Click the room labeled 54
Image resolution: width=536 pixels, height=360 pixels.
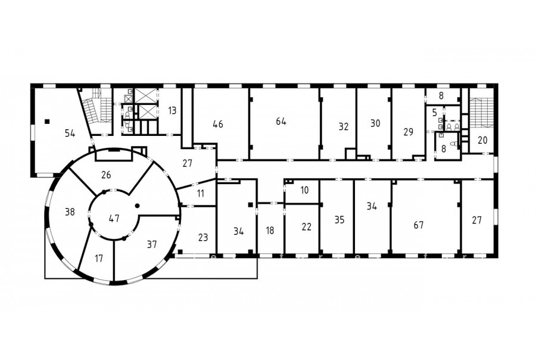coord(70,133)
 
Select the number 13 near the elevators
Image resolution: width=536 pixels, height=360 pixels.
coord(172,110)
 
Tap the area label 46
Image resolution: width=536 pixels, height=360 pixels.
coord(218,124)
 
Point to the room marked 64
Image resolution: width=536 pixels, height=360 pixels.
coord(281,122)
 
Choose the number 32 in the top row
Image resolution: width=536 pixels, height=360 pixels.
coord(344,126)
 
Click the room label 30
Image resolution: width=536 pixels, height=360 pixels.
coord(375,123)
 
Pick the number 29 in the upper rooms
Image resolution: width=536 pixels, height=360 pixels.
coord(409,132)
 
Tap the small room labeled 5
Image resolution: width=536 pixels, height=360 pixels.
coord(435,113)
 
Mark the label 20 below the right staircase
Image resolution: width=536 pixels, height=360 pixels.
coord(482,140)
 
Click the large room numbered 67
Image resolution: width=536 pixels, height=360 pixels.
coord(419,225)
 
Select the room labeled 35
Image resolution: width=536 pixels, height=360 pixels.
coord(339,220)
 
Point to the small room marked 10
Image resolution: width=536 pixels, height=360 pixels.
coord(304,190)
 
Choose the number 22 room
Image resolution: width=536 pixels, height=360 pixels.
coord(307,226)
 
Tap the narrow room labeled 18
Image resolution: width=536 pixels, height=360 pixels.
coord(270,231)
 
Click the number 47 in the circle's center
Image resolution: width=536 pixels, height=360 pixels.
coord(114,218)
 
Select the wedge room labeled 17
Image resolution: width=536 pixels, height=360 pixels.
coord(99,258)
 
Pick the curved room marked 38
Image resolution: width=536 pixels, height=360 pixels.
coord(70,212)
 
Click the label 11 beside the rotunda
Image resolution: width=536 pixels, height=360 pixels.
coord(201,194)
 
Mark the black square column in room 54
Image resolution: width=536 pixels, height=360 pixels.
coord(47,121)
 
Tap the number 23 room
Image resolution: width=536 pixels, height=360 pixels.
coord(203,237)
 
